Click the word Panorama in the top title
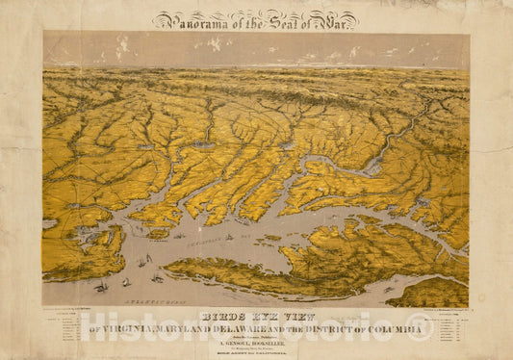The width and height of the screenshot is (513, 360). [x=192, y=18]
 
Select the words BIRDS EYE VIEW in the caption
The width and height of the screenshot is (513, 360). [x=256, y=315]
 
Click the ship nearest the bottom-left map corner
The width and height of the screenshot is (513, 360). [x=100, y=285]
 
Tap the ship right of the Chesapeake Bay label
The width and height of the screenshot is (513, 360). [x=229, y=236]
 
